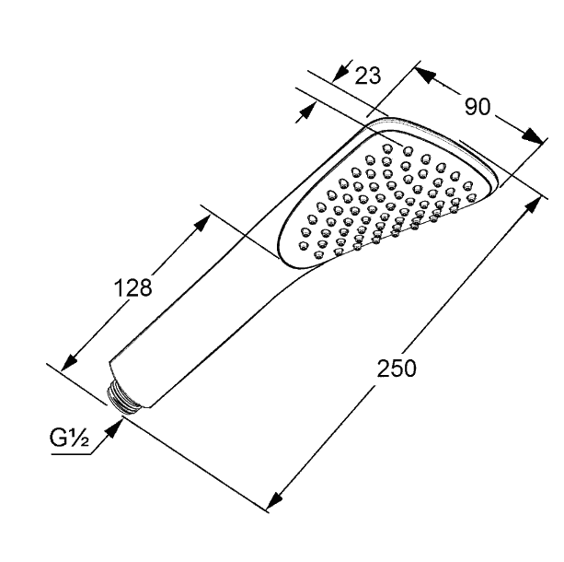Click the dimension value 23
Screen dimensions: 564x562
click(x=367, y=76)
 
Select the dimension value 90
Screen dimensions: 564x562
click(x=478, y=107)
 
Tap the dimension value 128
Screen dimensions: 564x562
click(x=132, y=287)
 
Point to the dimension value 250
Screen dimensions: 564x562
click(x=397, y=369)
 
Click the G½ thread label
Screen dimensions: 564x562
click(x=69, y=439)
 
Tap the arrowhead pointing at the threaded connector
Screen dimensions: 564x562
click(x=114, y=427)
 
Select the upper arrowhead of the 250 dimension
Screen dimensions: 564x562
click(x=533, y=206)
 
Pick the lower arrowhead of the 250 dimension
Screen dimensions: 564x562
click(x=274, y=500)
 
